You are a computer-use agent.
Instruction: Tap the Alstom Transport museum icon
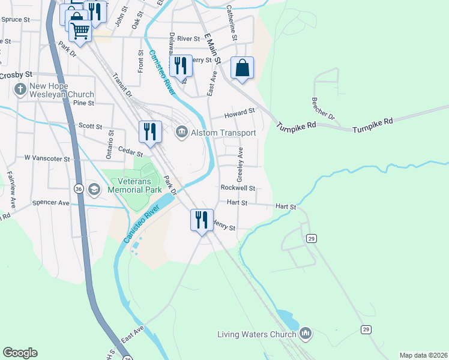pos(181,133)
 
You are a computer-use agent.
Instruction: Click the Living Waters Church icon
pos(306,333)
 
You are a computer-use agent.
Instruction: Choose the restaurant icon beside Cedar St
pos(149,131)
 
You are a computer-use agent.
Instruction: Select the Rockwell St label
pos(238,188)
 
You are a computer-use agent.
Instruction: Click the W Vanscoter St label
pos(47,159)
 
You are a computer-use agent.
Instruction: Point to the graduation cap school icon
pos(94,190)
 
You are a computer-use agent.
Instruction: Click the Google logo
pos(20,353)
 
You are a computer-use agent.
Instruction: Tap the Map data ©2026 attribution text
pos(423,355)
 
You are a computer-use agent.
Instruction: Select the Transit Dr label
pos(122,85)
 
